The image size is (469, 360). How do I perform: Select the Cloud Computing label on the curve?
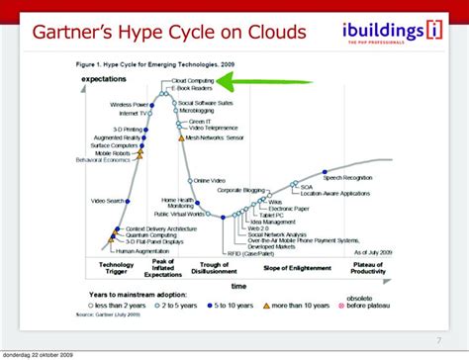click(x=193, y=81)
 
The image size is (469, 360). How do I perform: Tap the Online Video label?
click(x=211, y=181)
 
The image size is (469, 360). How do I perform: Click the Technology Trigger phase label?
click(x=115, y=268)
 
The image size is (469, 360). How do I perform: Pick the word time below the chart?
click(x=237, y=285)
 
